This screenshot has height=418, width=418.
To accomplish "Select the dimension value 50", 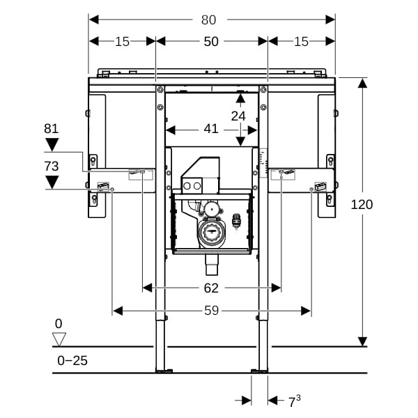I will [211, 42].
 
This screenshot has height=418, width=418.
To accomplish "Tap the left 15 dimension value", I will [122, 42].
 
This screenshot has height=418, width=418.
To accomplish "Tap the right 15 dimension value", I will [301, 42].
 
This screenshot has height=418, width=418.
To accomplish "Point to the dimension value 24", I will [238, 116].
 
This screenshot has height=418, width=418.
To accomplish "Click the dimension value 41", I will [211, 129].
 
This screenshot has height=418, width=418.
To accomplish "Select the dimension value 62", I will [211, 288].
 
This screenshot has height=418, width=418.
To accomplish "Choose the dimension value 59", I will [211, 311].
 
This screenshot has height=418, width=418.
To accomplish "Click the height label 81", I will [52, 129].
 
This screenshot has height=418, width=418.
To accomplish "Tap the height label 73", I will [52, 167].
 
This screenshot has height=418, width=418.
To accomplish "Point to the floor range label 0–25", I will [72, 360].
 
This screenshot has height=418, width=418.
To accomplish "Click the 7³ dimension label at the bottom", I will [294, 401].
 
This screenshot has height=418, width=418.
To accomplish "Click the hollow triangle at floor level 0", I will [59, 339].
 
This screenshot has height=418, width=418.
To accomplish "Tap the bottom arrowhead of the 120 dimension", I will [362, 341].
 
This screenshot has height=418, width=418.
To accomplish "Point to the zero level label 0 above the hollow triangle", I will [59, 323].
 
